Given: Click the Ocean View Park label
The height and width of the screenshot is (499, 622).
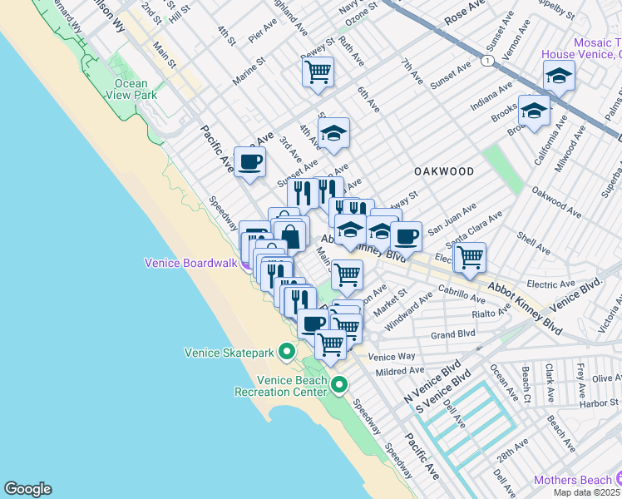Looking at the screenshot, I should point(127,89).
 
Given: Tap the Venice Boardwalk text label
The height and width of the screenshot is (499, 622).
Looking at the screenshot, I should point(190,262).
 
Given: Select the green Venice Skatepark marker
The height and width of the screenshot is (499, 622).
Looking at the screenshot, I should point(286,353).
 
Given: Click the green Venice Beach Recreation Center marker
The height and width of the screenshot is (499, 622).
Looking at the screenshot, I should point(339,384).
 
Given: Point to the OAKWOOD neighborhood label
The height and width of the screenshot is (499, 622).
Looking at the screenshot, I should point(444,171).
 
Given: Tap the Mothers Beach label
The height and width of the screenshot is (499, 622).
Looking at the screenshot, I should point(572,480).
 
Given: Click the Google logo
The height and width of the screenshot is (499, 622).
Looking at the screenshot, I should point(27,489).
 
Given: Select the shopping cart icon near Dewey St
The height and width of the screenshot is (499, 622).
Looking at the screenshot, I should point(318,73).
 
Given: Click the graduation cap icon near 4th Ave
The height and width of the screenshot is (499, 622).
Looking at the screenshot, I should point(333,133).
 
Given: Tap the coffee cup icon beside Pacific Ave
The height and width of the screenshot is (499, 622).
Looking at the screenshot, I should point(249,161).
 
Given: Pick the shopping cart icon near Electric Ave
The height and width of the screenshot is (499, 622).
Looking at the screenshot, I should point(471,256).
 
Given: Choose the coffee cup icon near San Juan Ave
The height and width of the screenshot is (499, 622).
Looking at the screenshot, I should point(406,236).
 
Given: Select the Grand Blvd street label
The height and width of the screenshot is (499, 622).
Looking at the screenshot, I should point(452,334).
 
